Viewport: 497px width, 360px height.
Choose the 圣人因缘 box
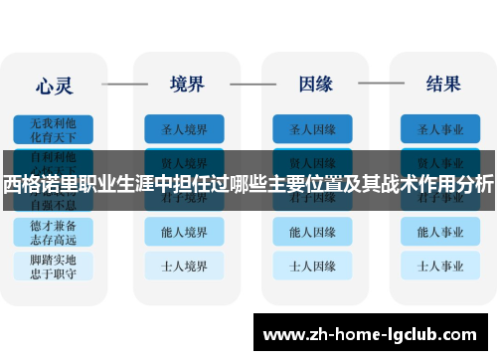tap(312, 128)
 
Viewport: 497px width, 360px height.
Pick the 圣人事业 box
tap(441, 128)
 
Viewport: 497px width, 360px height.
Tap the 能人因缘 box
tap(312, 232)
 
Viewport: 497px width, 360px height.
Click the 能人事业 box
tap(441, 232)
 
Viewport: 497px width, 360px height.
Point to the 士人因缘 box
tap(312, 266)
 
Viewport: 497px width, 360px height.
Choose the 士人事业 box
tap(441, 266)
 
